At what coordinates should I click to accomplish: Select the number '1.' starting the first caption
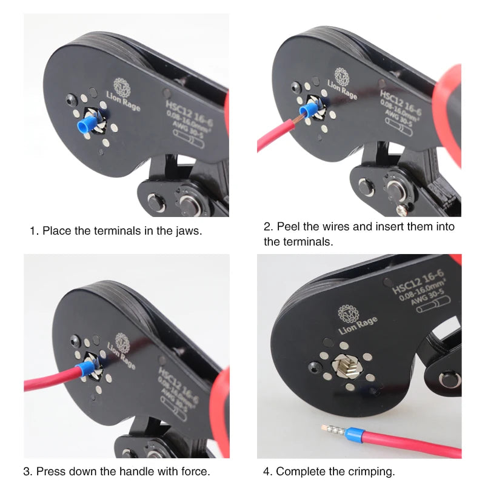pyautogui.click(x=35, y=231)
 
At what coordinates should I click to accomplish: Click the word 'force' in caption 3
pyautogui.click(x=196, y=470)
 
